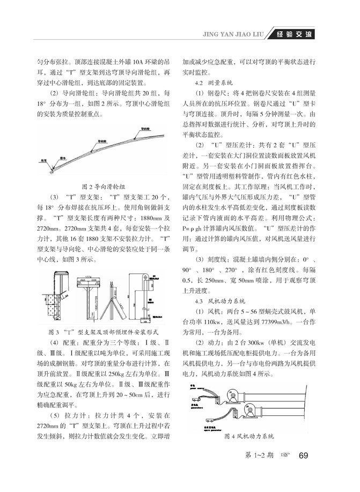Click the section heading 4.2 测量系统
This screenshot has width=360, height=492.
point(214,83)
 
